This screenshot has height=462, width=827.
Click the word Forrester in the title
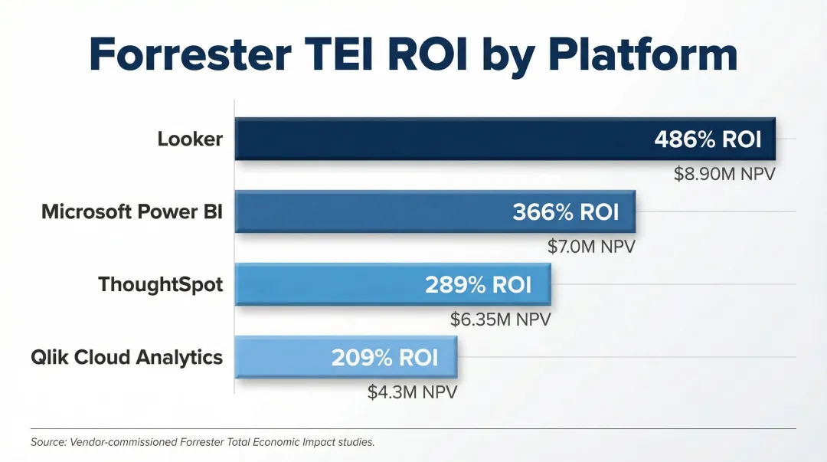(191, 53)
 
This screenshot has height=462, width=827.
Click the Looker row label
(190, 139)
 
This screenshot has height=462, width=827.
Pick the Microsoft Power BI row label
(132, 211)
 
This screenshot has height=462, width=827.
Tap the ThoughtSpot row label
(160, 285)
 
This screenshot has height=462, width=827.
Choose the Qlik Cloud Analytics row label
(126, 357)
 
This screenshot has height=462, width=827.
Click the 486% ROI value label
(708, 139)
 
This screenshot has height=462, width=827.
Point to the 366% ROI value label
(565, 212)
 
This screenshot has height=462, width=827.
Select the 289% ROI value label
(478, 285)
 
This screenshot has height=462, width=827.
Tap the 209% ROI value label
(384, 358)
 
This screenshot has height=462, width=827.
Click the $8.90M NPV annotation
(724, 174)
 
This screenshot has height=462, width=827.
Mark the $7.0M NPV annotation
(591, 247)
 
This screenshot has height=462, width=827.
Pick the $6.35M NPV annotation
(500, 319)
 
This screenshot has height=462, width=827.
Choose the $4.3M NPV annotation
(412, 392)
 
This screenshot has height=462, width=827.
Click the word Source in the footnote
(48, 442)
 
